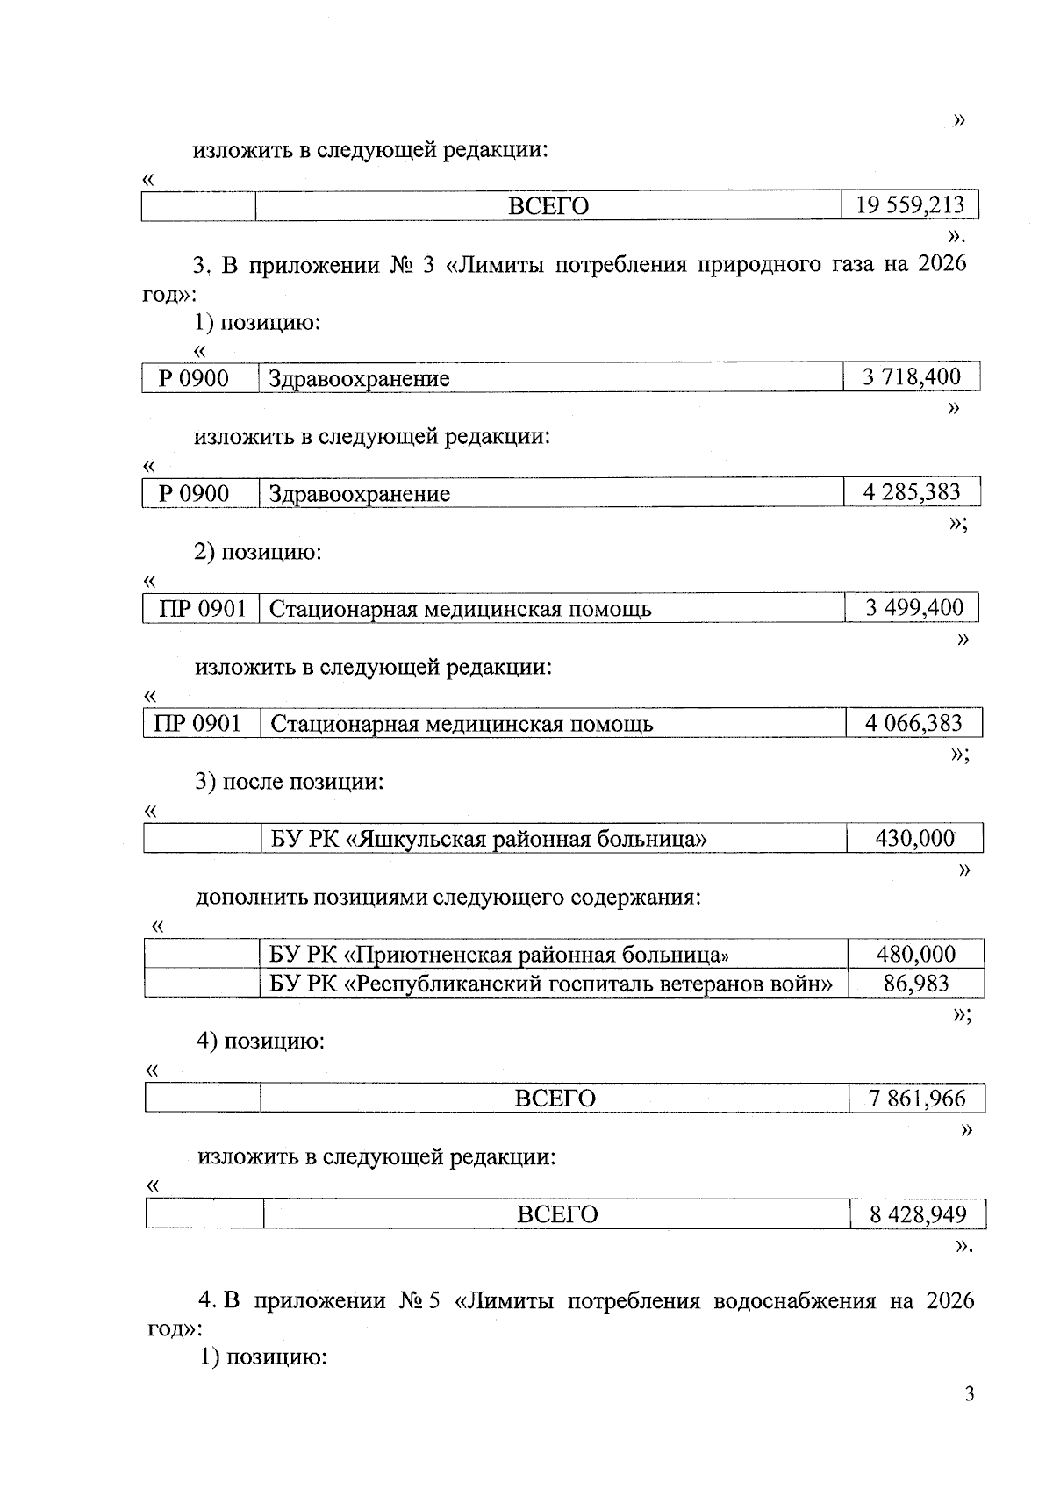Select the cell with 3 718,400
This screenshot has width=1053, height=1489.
912,377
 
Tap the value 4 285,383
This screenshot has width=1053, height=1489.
912,492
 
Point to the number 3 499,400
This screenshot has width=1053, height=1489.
913,608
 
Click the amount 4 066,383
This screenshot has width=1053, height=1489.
913,724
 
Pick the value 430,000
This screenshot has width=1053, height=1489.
914,839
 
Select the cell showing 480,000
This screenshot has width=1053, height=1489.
916,954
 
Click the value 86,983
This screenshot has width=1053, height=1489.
916,983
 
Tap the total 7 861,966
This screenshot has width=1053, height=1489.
917,1099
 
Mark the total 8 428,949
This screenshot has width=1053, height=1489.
918,1214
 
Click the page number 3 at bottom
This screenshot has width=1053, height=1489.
969,1394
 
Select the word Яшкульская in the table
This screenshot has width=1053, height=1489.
424,840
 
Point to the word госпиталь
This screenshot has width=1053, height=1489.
603,984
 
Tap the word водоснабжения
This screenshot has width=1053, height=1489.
795,1300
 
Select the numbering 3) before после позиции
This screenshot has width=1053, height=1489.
205,782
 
